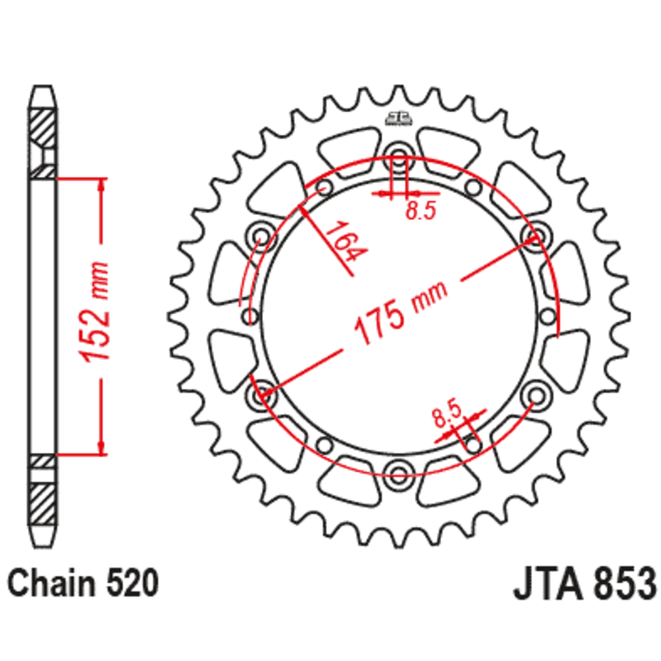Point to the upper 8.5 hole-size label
(420, 211)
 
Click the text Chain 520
(82, 584)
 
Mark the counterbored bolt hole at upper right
(535, 237)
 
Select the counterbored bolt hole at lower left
(263, 392)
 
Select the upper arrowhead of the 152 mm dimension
(102, 185)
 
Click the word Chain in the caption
(49, 584)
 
